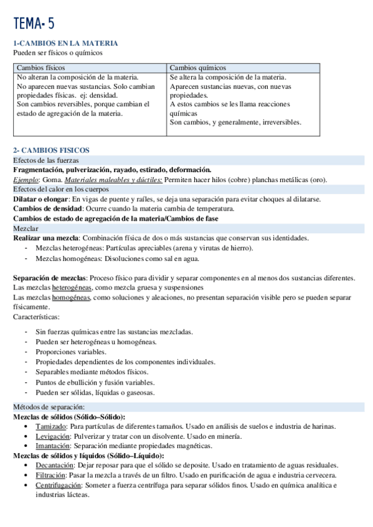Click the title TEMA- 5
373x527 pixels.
click(34, 24)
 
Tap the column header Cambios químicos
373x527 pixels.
click(197, 67)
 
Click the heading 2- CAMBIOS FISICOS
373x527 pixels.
click(52, 150)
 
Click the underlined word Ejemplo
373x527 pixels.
click(26, 180)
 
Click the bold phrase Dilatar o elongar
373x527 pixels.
click(40, 199)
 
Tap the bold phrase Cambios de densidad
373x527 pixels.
click(46, 209)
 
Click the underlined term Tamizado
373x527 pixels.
click(50, 426)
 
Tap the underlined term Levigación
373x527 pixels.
click(52, 436)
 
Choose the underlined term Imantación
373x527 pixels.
click(52, 446)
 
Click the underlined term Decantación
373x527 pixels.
click(55, 465)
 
